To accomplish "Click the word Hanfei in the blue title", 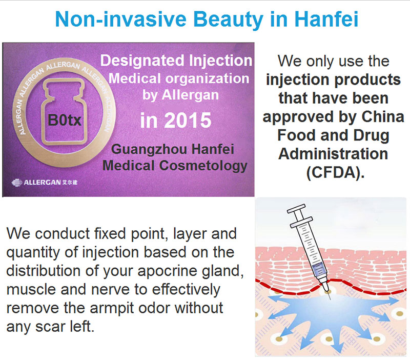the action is tap(326, 19).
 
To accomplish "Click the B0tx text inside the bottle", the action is tap(65, 120).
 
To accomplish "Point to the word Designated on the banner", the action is tap(142, 61).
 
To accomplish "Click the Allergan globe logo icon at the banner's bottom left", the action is tap(17, 183).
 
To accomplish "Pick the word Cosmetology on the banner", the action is tap(203, 166).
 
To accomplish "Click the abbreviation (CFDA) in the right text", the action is tap(335, 172).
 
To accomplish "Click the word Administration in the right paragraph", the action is tap(334, 153).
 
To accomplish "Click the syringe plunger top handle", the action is tap(296, 209).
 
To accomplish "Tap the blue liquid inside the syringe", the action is tap(319, 268).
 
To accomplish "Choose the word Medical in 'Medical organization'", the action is tap(134, 78).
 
